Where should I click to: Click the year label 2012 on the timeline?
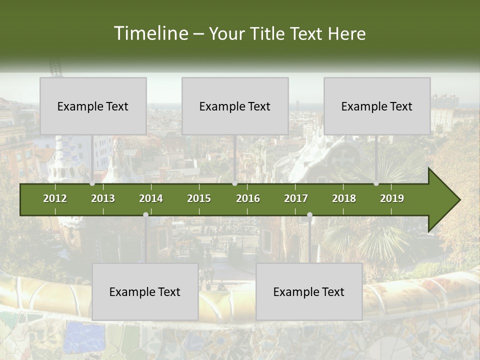(x=55, y=198)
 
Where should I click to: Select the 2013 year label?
(x=103, y=198)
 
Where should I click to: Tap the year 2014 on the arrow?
(x=151, y=198)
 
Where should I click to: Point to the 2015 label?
(x=199, y=198)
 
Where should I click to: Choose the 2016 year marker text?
(x=248, y=198)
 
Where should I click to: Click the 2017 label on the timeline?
(x=296, y=198)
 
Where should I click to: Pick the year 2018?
(x=344, y=198)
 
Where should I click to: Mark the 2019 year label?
(x=392, y=198)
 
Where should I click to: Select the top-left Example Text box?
(x=93, y=106)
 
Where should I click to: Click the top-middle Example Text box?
(x=235, y=106)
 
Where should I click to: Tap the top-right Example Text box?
(x=377, y=106)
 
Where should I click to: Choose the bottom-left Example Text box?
(x=145, y=291)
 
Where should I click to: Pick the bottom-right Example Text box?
(x=309, y=291)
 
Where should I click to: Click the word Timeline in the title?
(x=150, y=33)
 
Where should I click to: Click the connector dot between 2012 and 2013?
(x=92, y=183)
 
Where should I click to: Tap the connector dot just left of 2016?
(x=235, y=183)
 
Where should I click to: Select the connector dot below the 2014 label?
(x=145, y=214)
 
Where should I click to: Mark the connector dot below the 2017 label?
(x=309, y=214)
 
